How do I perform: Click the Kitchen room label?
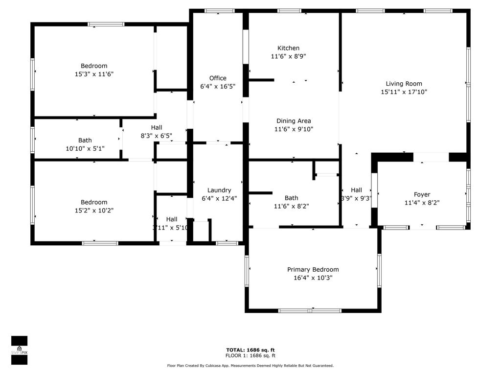[x=288, y=48]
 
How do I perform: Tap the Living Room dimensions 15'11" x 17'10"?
[x=404, y=92]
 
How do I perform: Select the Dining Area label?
[x=294, y=121]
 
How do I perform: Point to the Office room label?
[x=218, y=78]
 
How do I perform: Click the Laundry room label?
[x=219, y=190]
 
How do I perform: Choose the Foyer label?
[x=422, y=194]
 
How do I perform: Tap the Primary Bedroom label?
[x=313, y=270]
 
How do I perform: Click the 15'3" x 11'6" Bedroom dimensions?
[x=94, y=74]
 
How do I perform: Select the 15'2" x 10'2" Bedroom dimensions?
[x=94, y=211]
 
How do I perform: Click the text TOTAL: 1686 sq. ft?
[x=250, y=350]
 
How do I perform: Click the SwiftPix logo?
[x=19, y=350]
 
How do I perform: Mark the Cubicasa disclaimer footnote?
[x=250, y=366]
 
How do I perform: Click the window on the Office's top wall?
[x=219, y=11]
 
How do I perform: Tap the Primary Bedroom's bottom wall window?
[x=310, y=310]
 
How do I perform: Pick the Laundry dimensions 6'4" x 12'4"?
[x=219, y=198]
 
